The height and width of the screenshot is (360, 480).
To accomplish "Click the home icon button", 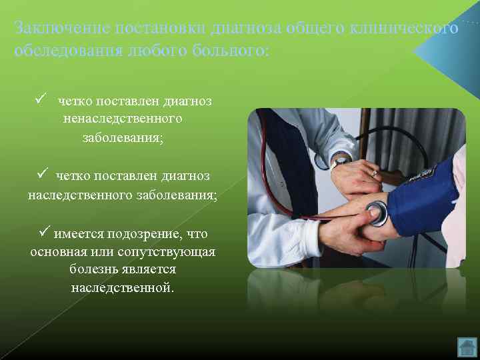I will tap(467, 347).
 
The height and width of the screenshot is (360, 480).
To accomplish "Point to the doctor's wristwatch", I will tap(341, 159).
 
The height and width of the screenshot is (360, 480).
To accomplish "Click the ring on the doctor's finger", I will tap(374, 173).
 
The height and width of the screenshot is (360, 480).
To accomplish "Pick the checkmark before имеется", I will tap(45, 234).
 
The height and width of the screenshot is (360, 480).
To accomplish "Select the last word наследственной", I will tap(122, 288).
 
